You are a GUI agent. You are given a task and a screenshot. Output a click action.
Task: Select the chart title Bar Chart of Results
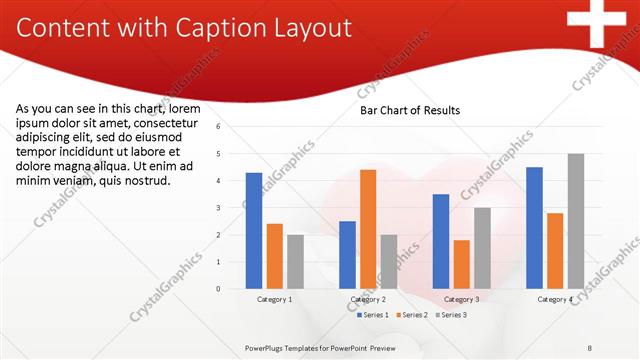410,111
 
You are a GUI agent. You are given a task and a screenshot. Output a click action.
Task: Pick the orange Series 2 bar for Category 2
368,229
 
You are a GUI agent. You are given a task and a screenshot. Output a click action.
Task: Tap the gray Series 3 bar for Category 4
576,221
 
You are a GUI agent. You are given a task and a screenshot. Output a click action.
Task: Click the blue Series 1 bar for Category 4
535,227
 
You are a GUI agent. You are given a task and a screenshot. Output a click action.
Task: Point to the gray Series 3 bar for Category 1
295,261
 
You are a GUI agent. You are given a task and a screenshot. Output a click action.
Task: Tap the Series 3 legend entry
452,315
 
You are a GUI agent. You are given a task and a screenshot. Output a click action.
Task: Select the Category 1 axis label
275,299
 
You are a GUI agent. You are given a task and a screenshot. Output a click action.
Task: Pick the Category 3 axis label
461,299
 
